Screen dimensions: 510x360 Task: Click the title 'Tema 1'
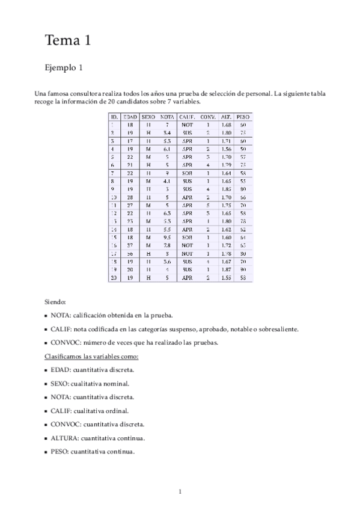(67, 41)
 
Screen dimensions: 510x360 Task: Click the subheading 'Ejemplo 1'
(64, 68)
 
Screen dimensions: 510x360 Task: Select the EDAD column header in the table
(130, 116)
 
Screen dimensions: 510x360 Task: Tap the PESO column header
(243, 116)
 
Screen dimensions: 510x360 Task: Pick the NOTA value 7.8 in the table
(168, 245)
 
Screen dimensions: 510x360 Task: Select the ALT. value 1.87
(226, 270)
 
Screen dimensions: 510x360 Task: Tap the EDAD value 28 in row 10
(130, 197)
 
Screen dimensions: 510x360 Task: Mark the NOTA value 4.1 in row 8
(168, 180)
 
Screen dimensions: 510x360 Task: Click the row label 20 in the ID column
(113, 278)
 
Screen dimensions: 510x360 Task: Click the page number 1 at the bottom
(180, 492)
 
